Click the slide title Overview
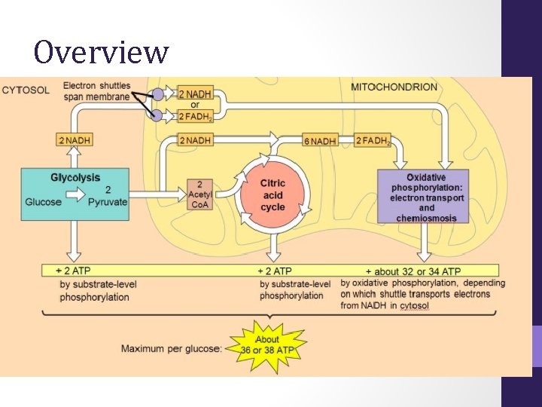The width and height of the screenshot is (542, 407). point(101,53)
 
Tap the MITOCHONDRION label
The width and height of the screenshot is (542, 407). point(394,87)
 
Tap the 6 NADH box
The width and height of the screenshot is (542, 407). point(319,140)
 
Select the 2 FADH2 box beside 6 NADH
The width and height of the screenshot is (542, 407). point(373,140)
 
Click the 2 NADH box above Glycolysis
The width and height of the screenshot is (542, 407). point(75,140)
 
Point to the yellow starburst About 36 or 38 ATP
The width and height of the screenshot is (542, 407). point(266,344)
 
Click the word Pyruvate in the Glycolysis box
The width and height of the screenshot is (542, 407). point(108,202)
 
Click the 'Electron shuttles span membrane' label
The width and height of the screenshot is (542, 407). point(96,90)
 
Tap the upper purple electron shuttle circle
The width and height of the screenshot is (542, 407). point(158,94)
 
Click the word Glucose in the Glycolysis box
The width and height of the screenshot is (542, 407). point(44,202)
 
